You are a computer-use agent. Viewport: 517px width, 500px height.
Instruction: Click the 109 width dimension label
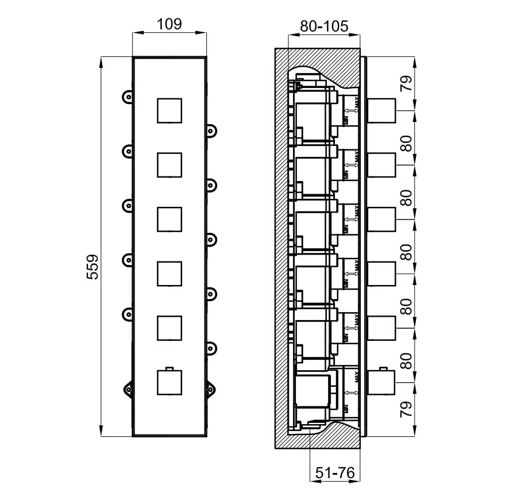coord(169,24)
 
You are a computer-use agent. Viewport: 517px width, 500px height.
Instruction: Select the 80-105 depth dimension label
coord(324,26)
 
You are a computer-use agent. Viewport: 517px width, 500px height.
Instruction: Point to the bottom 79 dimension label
coord(406,409)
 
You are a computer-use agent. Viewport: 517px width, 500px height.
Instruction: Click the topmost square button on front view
coord(169,110)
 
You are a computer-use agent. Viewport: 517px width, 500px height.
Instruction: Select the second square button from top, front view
coord(169,164)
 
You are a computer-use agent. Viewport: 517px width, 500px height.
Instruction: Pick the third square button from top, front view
coord(169,219)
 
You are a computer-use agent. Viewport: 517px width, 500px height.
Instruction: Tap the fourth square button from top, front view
coord(169,274)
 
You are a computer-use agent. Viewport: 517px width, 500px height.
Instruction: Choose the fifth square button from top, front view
coord(169,328)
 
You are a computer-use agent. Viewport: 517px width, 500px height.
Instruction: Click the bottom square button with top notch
coord(169,382)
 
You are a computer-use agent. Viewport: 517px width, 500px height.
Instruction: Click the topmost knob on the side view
coord(380,110)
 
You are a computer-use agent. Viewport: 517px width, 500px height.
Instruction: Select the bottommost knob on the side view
coord(380,382)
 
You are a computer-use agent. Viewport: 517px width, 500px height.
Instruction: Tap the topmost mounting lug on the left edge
coord(128,96)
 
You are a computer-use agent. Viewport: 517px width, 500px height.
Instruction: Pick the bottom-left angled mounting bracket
coord(128,389)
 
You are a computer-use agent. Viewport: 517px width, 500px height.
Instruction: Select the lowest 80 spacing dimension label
coord(406,361)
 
